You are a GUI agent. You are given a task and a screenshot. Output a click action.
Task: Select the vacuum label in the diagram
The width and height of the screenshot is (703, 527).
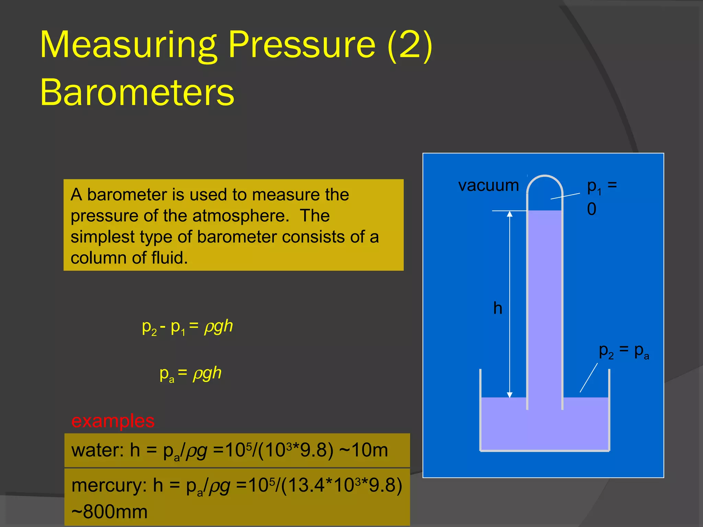tap(488, 186)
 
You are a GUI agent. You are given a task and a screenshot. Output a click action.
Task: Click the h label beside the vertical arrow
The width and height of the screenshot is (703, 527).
tap(498, 308)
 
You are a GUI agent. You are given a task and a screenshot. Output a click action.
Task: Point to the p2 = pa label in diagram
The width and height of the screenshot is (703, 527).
tap(624, 351)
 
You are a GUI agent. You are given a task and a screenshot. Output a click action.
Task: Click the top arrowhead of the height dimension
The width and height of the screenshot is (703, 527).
tap(510, 214)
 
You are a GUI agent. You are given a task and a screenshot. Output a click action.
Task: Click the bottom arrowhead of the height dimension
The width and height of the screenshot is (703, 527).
tap(510, 395)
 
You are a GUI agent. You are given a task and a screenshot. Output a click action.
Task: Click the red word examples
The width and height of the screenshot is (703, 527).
tap(113, 421)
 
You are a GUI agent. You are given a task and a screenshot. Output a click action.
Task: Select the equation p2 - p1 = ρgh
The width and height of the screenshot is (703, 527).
tap(187, 327)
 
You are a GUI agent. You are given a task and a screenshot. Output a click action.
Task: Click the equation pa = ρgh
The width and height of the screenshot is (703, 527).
tap(191, 374)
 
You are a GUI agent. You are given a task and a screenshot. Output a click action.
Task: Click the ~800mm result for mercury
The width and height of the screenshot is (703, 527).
tap(110, 512)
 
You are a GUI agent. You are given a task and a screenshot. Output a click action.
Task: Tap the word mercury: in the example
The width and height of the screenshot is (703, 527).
tap(109, 486)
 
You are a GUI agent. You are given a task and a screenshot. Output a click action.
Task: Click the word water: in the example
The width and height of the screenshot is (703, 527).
tap(97, 450)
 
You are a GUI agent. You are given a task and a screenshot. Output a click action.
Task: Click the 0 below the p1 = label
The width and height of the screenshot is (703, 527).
tap(591, 209)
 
